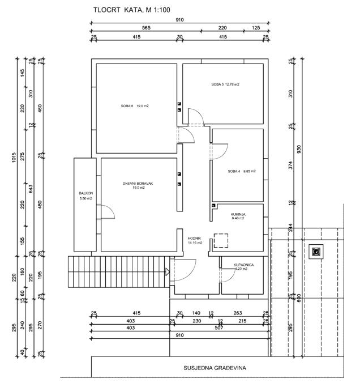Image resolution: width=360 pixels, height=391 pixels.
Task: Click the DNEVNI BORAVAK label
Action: (x=139, y=185)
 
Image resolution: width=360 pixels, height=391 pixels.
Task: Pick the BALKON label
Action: (x=85, y=195)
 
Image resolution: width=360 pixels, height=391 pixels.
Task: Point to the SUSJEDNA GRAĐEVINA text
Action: (x=215, y=367)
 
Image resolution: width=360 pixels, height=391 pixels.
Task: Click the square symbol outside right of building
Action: (x=315, y=252)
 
